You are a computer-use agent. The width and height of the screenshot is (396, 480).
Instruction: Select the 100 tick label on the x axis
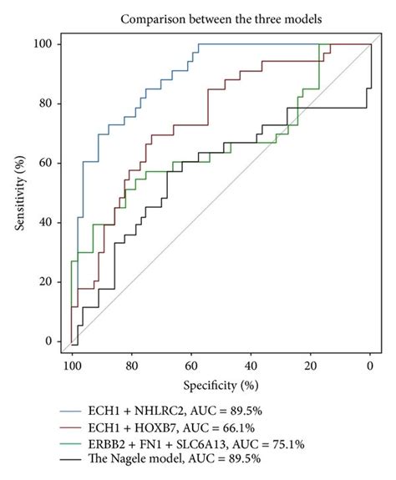click(x=73, y=366)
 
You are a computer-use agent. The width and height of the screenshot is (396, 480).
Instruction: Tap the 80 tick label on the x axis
click(x=132, y=366)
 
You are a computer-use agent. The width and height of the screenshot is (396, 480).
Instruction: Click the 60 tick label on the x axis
click(x=191, y=366)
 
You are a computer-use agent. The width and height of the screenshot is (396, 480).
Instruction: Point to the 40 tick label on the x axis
click(x=251, y=366)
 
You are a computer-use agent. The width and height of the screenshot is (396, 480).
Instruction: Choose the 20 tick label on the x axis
click(x=311, y=366)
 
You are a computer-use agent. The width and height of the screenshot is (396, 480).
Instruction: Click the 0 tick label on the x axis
click(x=370, y=366)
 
